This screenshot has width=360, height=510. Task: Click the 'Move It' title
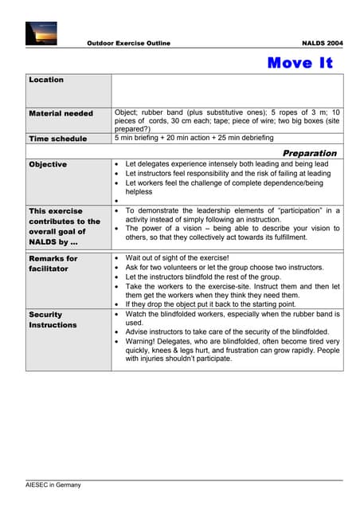coord(299,63)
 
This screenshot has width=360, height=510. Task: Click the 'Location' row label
coord(46,80)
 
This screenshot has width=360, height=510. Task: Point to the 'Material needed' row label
coord(61,114)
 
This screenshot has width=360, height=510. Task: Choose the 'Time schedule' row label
coord(58,139)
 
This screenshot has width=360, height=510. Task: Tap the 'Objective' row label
coord(48,164)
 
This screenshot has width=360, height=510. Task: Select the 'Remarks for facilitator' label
coord(53,264)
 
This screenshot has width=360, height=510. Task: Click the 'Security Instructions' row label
coord(53,320)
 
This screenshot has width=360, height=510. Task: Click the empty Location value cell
coord(227,90)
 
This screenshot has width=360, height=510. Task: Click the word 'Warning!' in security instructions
coord(143,341)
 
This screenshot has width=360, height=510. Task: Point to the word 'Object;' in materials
coord(129,113)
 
